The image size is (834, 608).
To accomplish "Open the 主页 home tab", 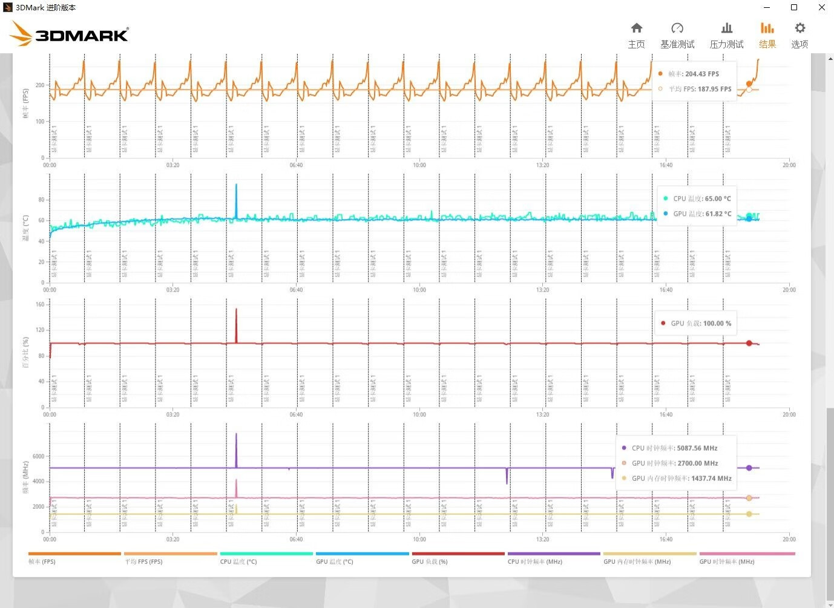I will click(636, 35).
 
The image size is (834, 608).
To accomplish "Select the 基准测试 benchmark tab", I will click(677, 35).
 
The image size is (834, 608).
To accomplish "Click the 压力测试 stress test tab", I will click(726, 35).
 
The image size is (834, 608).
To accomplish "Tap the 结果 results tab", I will click(767, 35).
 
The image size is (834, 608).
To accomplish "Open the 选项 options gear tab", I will click(800, 35).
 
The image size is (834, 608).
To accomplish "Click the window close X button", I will click(821, 7).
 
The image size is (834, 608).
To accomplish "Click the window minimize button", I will click(767, 7).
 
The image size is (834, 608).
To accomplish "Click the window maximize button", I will click(794, 7).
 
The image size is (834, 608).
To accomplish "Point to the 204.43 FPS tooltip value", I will click(701, 74).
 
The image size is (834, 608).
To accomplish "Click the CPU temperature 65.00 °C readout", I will click(717, 198).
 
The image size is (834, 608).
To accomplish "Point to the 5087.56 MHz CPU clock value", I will click(697, 448).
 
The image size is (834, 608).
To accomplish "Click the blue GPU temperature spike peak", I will click(236, 185).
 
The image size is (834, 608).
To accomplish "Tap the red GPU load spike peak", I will click(236, 310).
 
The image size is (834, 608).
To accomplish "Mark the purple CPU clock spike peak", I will click(236, 434).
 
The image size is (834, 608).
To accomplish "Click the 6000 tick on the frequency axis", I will click(38, 456).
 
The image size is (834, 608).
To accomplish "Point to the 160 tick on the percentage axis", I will click(40, 304).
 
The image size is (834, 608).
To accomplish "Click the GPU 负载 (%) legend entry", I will click(430, 561).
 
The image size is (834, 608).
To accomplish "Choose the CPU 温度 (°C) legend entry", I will click(238, 561).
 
